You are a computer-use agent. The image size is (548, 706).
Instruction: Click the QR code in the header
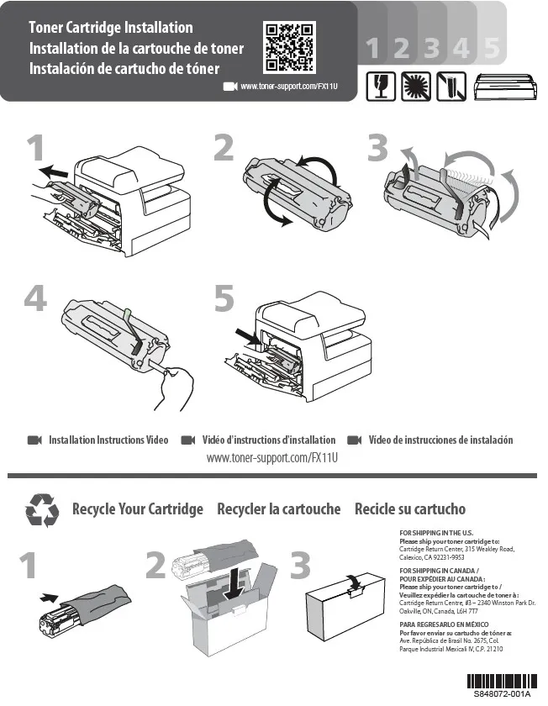coord(289,47)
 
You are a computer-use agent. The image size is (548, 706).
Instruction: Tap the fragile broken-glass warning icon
coord(381,87)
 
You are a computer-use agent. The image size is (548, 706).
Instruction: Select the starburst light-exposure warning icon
coord(415,87)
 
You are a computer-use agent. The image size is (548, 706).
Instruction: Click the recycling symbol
coord(42,509)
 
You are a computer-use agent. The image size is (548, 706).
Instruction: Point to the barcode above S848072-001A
coord(502,681)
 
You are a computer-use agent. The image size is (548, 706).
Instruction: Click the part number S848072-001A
coord(502,693)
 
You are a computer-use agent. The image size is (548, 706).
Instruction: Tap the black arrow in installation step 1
coord(53,171)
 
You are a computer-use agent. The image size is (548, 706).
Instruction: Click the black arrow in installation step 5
coord(248,338)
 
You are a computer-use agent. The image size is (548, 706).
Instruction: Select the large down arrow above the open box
coord(234,583)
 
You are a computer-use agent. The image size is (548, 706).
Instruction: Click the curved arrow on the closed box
coord(355,581)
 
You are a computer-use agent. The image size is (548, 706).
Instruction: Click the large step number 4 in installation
coord(35,298)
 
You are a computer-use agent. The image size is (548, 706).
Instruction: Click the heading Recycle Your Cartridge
coord(138,509)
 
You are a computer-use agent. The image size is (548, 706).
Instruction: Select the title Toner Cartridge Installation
coord(111,27)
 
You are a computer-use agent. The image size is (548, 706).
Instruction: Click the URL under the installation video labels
coord(272,458)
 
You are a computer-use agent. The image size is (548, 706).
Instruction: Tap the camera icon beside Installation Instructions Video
coord(34,440)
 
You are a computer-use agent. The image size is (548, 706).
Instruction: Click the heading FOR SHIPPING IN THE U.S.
coord(436,533)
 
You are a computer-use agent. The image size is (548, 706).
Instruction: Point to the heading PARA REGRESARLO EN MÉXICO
coord(444,624)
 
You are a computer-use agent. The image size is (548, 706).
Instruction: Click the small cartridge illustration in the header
coord(505,87)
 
